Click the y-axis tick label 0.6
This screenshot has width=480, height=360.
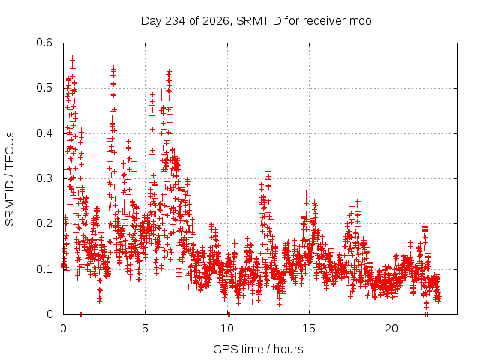click(x=44, y=43)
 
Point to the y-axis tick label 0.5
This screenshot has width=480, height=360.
click(x=44, y=88)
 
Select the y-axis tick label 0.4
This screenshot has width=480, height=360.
click(x=44, y=133)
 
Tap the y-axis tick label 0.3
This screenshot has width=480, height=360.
click(x=44, y=178)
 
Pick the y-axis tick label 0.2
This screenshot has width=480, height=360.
click(x=44, y=223)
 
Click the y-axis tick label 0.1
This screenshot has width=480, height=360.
click(x=44, y=269)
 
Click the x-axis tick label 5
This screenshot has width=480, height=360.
click(x=145, y=328)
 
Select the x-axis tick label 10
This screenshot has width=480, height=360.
click(x=227, y=328)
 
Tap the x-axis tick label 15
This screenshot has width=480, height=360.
click(x=309, y=328)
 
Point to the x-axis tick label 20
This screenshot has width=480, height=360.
click(x=391, y=328)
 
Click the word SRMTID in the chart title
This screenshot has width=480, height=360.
click(x=259, y=21)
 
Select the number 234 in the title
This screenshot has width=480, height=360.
click(x=175, y=21)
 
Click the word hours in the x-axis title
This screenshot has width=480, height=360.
click(x=289, y=349)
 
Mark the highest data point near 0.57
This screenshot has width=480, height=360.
click(x=73, y=57)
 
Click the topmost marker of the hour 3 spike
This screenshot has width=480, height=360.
click(x=114, y=67)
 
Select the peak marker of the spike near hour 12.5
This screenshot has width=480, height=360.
click(x=268, y=171)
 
